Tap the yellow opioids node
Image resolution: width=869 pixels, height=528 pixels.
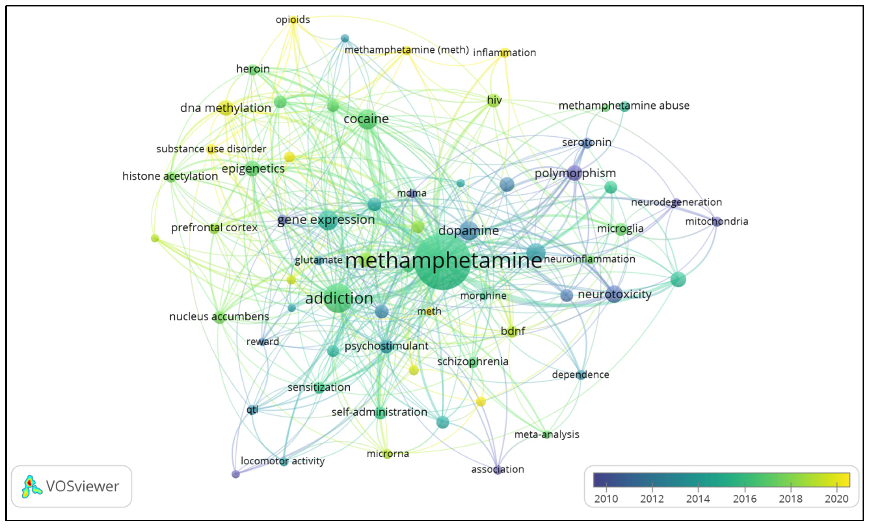coord(293,20)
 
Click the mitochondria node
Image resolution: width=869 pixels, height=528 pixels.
coord(716,221)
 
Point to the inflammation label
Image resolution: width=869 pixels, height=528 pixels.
coord(504,52)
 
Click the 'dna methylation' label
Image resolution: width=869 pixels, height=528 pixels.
coord(226,108)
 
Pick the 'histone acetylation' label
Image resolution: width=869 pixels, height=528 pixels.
coord(170,176)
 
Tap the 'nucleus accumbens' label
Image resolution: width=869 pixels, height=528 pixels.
coord(219,316)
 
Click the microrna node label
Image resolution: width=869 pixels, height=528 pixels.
coord(388,454)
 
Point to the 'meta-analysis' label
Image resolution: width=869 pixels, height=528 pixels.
coord(547,434)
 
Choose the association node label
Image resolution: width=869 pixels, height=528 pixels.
coord(498,469)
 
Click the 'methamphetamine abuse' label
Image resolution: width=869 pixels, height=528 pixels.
coord(624,105)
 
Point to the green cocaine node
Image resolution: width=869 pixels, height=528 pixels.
coord(367,119)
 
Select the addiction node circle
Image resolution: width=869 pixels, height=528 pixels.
coord(338,298)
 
